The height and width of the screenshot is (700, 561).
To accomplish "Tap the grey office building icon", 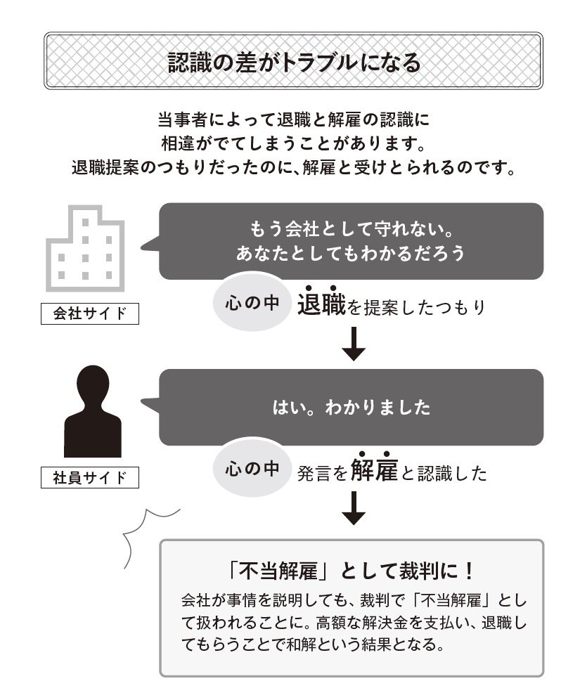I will point(85,249).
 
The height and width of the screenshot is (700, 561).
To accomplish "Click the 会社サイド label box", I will point(90,313).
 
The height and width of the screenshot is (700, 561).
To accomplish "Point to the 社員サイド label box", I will point(90,478).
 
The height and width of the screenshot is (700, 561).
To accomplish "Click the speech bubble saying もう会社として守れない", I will point(352,241).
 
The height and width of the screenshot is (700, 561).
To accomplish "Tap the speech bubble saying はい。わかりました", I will point(352,407).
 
